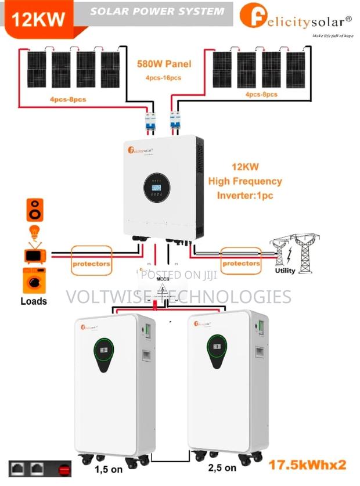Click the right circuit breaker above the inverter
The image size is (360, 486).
[174, 123]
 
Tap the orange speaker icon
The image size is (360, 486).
[35, 210]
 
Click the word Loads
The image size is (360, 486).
[33, 301]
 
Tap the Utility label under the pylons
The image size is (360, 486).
[285, 271]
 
